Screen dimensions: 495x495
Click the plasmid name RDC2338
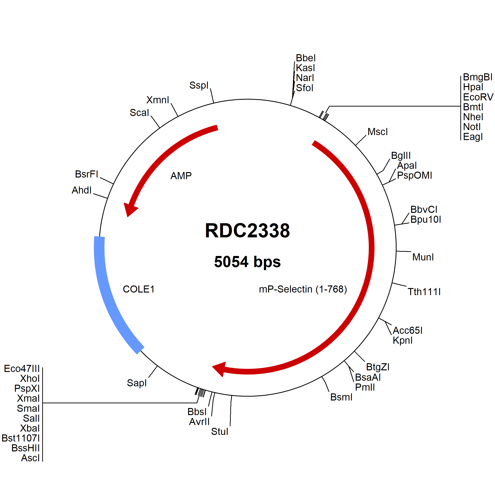point(247,231)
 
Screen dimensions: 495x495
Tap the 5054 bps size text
point(247,262)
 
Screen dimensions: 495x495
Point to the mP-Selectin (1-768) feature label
point(303,289)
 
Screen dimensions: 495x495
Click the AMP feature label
point(181,176)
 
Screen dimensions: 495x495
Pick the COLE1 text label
point(139,289)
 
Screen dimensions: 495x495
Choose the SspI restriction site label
point(199,85)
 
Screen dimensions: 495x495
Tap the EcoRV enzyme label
point(478,97)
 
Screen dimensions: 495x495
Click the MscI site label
point(378,132)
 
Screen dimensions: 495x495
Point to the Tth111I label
point(424,292)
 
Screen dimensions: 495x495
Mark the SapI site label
point(137,383)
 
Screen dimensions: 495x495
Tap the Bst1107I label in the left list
point(21,438)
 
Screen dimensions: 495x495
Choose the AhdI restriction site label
point(82,190)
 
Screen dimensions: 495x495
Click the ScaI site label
point(139,113)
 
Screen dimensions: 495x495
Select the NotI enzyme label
point(472,127)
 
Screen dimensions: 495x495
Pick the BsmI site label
point(341,397)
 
